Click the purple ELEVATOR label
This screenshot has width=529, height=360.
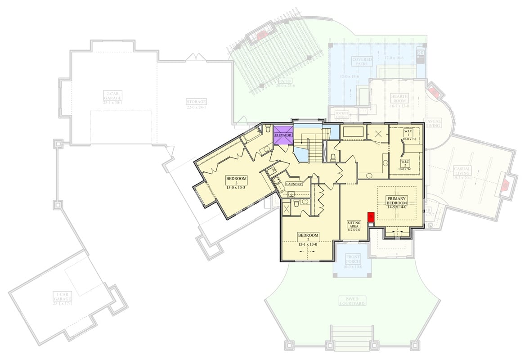coord(283,135)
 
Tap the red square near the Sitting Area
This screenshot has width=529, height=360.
coord(371,216)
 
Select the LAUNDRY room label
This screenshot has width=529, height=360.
coord(294,184)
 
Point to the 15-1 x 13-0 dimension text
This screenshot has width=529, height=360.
coord(308,244)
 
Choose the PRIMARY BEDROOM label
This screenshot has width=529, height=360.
coord(397,201)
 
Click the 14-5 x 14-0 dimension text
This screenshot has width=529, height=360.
coord(397,207)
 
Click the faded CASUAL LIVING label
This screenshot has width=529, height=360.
coord(462,171)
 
